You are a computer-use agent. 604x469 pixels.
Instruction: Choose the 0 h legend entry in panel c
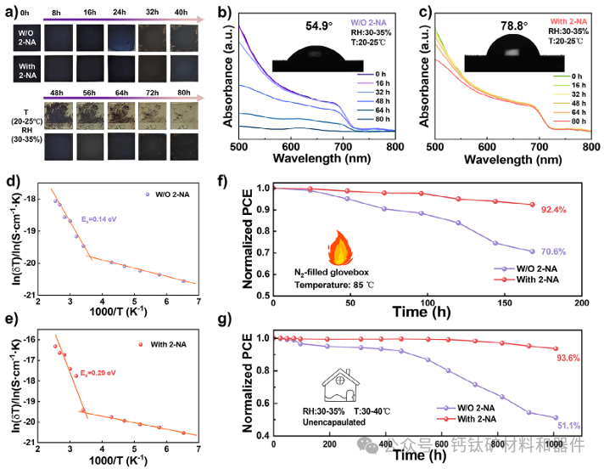tap(567, 75)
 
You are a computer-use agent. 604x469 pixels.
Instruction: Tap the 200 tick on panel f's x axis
tap(581, 302)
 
